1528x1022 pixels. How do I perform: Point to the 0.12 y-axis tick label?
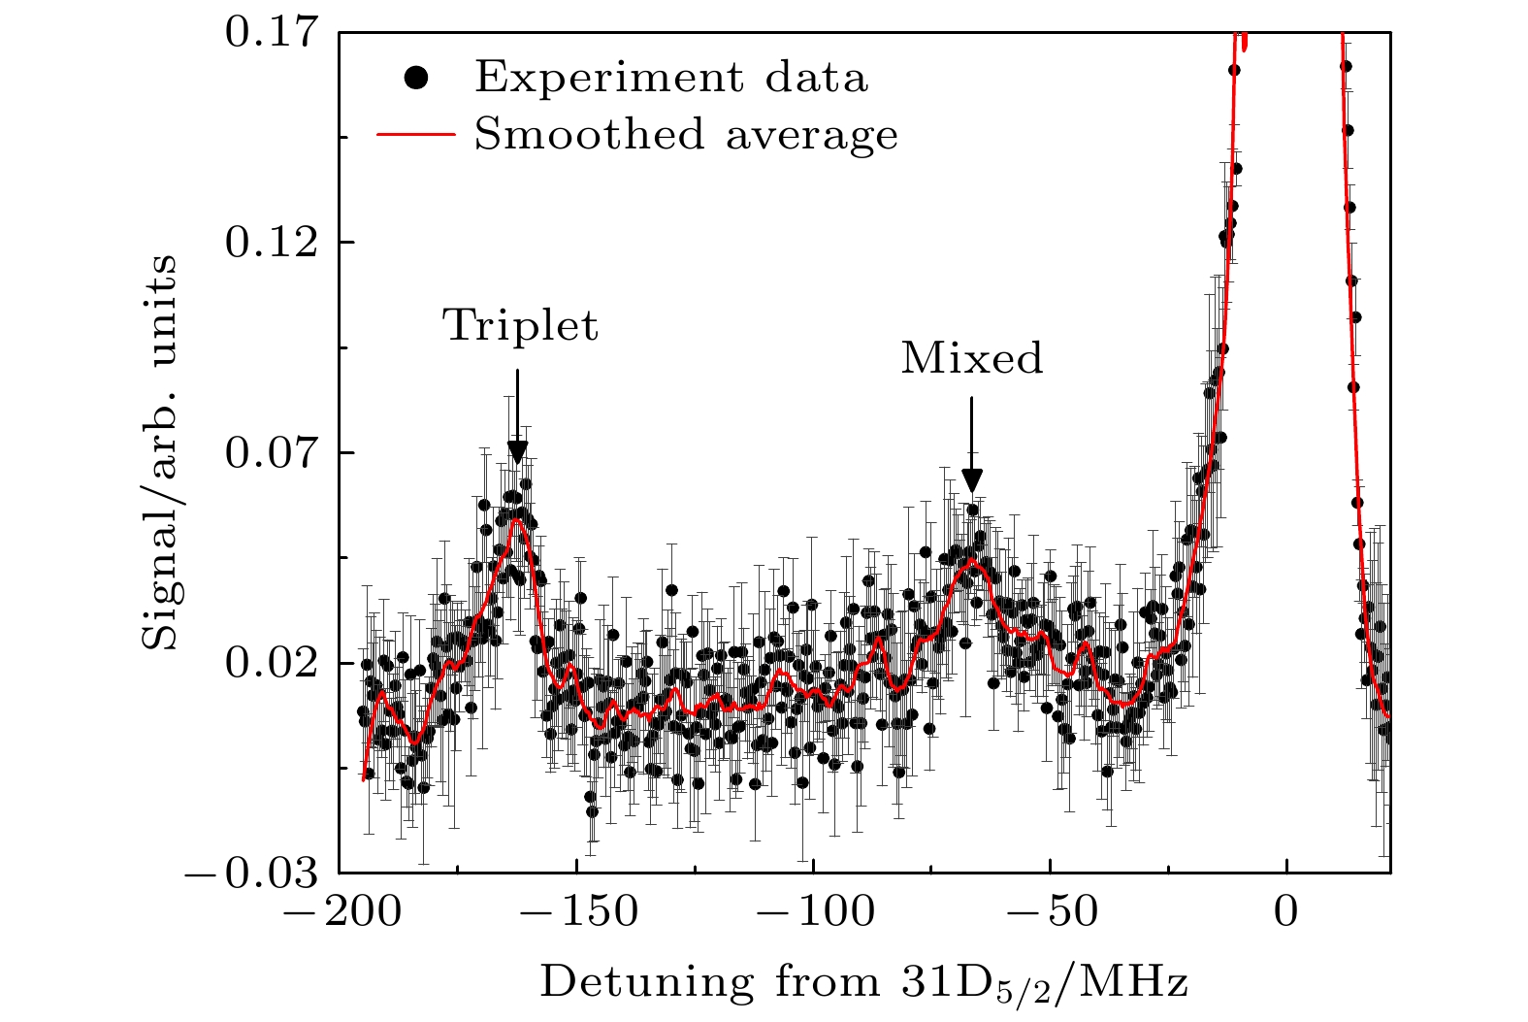[x=272, y=242]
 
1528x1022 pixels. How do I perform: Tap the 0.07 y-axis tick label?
[x=272, y=452]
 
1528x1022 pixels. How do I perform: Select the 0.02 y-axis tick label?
[x=272, y=663]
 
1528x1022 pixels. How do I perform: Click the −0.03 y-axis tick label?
[x=254, y=874]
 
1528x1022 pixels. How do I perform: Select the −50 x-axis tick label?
[x=1050, y=912]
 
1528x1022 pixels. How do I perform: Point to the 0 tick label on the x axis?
[x=1286, y=912]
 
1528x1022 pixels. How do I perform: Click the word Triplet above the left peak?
[x=520, y=326]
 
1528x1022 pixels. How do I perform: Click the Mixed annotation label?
[x=972, y=358]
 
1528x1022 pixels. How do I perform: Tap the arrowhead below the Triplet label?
[x=517, y=452]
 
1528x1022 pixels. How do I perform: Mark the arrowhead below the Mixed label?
[x=972, y=481]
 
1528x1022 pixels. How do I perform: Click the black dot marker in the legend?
[x=417, y=77]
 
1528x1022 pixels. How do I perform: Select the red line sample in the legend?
[x=415, y=135]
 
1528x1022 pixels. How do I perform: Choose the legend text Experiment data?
[x=670, y=77]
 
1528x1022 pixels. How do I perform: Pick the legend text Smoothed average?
[x=686, y=135]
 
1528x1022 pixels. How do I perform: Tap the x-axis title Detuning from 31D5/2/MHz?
[x=863, y=982]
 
